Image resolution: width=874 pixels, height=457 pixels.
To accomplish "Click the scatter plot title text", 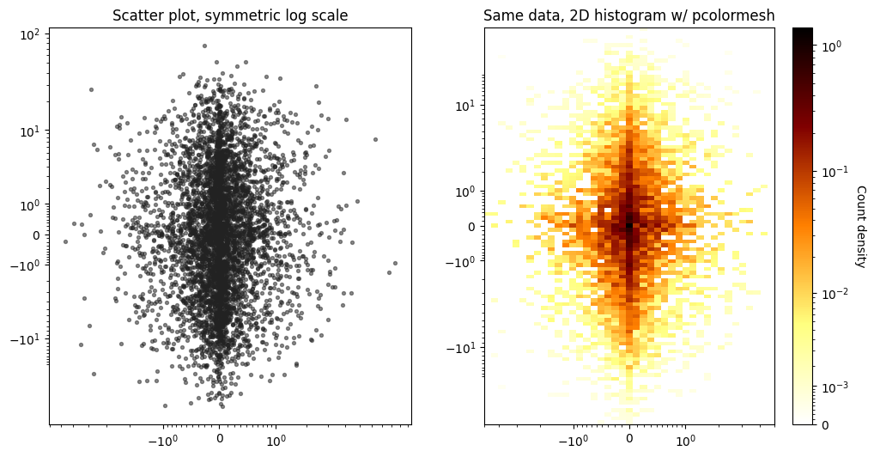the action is pyautogui.click(x=230, y=15).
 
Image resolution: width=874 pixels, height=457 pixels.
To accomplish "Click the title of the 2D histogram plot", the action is pyautogui.click(x=629, y=15).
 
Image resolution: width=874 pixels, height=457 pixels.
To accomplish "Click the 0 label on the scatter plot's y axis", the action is pyautogui.click(x=37, y=235).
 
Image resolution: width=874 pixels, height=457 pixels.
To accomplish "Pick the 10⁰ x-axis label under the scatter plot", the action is pyautogui.click(x=276, y=439).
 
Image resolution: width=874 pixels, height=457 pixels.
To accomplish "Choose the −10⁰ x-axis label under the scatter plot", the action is pyautogui.click(x=163, y=439).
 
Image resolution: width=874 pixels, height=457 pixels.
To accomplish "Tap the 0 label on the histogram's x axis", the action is pyautogui.click(x=630, y=439).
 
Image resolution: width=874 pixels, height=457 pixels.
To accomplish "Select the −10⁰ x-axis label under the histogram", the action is pyautogui.click(x=574, y=439).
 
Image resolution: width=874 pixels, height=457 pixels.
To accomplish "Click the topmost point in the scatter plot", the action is pyautogui.click(x=204, y=46).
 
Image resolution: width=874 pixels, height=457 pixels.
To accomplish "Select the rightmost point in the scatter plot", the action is pyautogui.click(x=395, y=264).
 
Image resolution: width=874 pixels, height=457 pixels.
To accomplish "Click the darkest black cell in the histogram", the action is pyautogui.click(x=629, y=225).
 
